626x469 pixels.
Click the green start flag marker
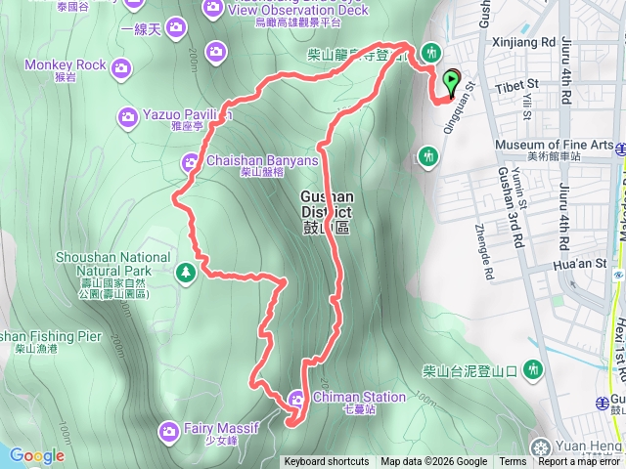(451, 82)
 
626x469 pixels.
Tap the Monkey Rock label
(65, 65)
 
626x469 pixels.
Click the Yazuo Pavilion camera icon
(129, 117)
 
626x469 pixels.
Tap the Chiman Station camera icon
(297, 398)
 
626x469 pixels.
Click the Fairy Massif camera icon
(166, 429)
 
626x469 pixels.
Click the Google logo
(36, 455)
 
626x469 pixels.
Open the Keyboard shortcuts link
(326, 462)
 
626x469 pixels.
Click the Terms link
(513, 462)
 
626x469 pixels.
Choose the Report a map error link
(578, 462)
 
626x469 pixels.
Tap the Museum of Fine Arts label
(554, 145)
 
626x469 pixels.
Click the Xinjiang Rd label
(518, 43)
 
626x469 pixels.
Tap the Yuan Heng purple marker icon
(539, 448)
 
